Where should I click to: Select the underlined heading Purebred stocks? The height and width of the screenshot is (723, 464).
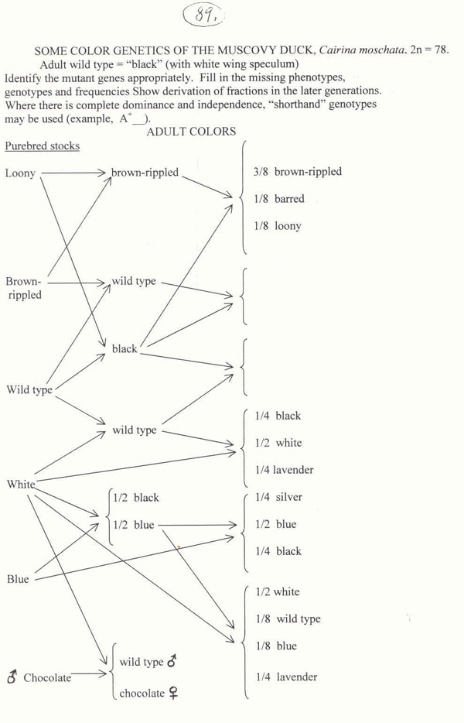tap(42, 146)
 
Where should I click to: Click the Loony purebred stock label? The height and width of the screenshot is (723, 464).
tap(20, 173)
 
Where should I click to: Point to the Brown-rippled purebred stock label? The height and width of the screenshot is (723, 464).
tap(24, 288)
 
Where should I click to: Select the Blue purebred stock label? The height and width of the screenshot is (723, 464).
tap(18, 579)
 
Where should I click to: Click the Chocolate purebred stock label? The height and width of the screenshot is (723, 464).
tap(47, 678)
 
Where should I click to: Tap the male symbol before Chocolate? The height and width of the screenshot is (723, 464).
tap(12, 678)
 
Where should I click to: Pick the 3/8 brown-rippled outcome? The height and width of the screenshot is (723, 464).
tap(298, 172)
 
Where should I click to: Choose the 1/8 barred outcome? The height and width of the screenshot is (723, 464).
tap(279, 199)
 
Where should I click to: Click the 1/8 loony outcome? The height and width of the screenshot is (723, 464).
tap(278, 226)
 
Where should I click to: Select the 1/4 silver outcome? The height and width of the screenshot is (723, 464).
tap(278, 497)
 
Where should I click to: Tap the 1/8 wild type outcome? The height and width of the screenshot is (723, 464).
tap(287, 619)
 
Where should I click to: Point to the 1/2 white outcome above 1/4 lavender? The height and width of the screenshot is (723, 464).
tap(278, 443)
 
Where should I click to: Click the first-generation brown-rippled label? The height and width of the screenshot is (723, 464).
tap(145, 172)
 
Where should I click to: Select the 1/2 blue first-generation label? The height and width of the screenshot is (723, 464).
tap(134, 525)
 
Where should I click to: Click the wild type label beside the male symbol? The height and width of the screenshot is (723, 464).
tap(142, 662)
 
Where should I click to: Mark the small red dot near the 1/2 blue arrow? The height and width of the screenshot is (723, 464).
tap(179, 547)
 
